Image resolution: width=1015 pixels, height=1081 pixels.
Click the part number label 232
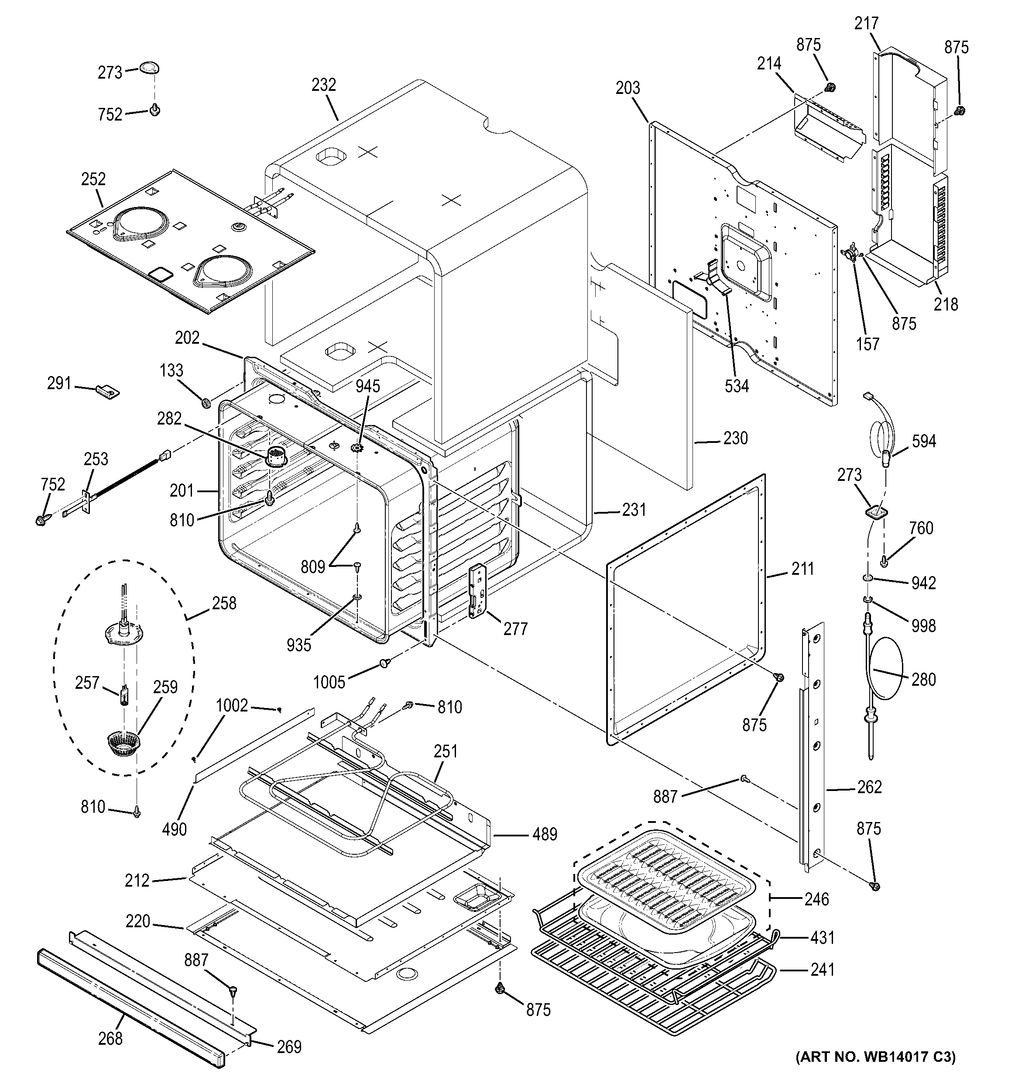click(323, 85)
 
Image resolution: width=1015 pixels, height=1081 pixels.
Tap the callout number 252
click(93, 179)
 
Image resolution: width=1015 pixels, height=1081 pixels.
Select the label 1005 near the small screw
click(329, 682)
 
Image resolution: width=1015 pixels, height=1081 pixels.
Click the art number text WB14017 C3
click(875, 1057)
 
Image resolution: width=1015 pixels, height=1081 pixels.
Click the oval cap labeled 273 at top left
click(148, 69)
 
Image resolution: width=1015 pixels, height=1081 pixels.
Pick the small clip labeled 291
click(108, 391)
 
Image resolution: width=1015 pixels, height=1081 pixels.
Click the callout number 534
click(736, 386)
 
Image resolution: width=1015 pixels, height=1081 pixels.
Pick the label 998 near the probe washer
click(924, 626)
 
